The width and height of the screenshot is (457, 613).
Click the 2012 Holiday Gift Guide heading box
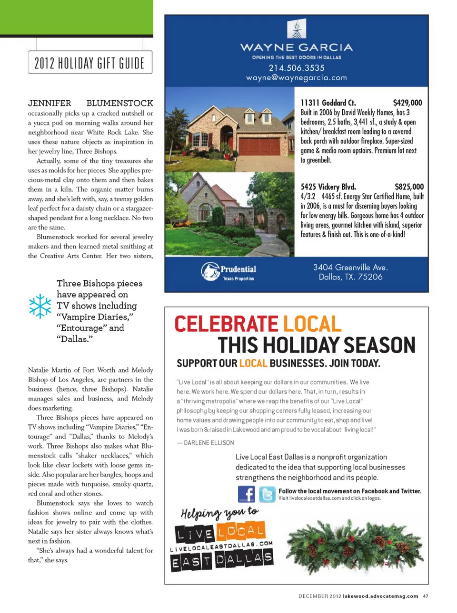(90, 63)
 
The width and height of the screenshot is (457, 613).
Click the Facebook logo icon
(246, 494)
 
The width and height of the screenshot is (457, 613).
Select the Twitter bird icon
(267, 494)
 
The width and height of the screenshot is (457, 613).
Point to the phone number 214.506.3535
(297, 68)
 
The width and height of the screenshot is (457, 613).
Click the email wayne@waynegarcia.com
(297, 78)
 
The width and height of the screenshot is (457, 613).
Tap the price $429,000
(407, 103)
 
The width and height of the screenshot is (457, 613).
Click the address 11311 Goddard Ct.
(328, 103)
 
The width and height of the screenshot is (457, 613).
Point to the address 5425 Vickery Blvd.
(328, 187)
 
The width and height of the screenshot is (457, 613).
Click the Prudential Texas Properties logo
(229, 272)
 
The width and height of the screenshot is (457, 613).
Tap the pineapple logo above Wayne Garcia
(297, 29)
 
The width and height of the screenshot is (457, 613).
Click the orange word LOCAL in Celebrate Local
(312, 324)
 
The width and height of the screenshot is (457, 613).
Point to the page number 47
(426, 596)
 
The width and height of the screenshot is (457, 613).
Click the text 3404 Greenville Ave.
(350, 268)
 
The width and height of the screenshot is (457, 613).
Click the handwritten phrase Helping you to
(219, 513)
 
